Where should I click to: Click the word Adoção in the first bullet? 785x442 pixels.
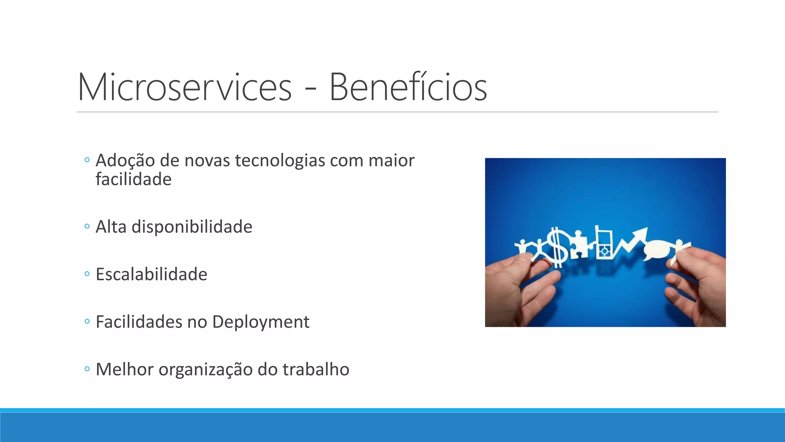point(125,160)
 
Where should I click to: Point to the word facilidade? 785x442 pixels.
point(133,180)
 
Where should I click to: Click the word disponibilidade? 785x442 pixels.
point(192,227)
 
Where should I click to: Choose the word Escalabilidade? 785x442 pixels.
point(151,274)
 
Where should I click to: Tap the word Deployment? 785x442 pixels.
point(260,322)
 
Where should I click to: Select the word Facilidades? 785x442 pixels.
point(139,322)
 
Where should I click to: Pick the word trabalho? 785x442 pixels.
point(316,369)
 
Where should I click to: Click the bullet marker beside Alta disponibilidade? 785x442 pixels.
point(87,226)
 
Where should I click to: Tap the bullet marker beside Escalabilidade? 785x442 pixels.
point(87,274)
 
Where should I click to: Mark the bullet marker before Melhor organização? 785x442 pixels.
point(87,369)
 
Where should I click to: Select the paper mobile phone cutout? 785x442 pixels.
point(603,244)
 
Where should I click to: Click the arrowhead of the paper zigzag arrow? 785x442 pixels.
point(640,234)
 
